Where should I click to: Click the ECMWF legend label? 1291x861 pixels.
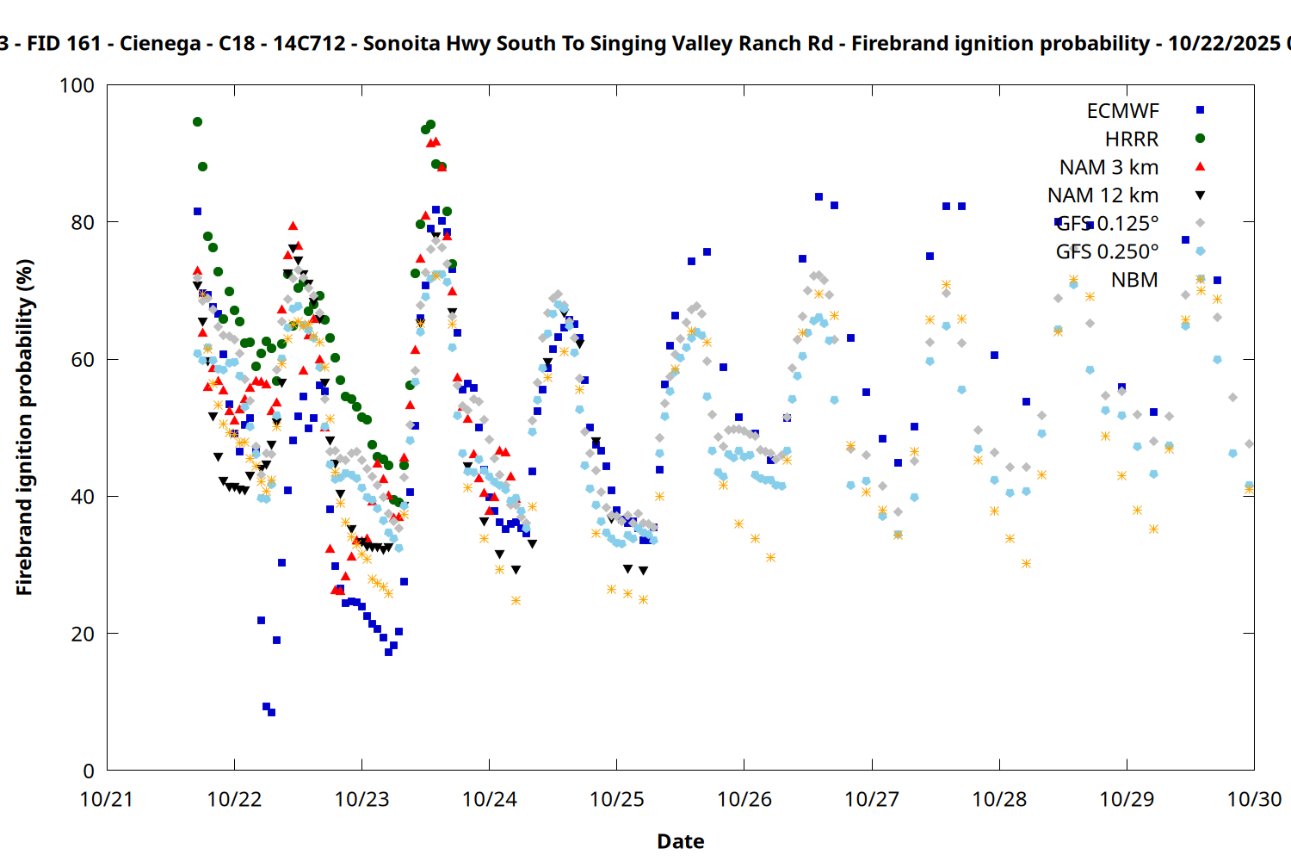(x=1122, y=111)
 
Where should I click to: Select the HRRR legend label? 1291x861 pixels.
(x=1132, y=139)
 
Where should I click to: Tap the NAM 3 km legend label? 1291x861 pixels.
(x=1109, y=167)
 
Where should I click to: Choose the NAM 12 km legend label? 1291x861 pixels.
(x=1103, y=195)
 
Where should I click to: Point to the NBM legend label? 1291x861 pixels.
(x=1134, y=280)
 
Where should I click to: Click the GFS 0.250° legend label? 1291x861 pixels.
(x=1107, y=251)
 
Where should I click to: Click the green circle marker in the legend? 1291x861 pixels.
(x=1200, y=139)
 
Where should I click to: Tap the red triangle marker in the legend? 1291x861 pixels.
(x=1200, y=166)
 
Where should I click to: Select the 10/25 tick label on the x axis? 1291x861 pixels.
(x=616, y=799)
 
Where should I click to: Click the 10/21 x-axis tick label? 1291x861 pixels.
(x=107, y=799)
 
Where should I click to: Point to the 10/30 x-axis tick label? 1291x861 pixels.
(x=1253, y=799)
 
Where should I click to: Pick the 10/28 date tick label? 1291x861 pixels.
(x=999, y=799)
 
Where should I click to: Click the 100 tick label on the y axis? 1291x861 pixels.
(x=77, y=85)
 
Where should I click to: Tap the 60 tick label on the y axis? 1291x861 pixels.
(x=83, y=360)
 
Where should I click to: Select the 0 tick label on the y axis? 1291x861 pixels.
(x=89, y=771)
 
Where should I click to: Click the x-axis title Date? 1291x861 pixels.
(x=680, y=841)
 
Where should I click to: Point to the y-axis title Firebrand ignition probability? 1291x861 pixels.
(x=24, y=427)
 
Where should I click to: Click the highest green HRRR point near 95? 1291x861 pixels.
(x=197, y=121)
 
